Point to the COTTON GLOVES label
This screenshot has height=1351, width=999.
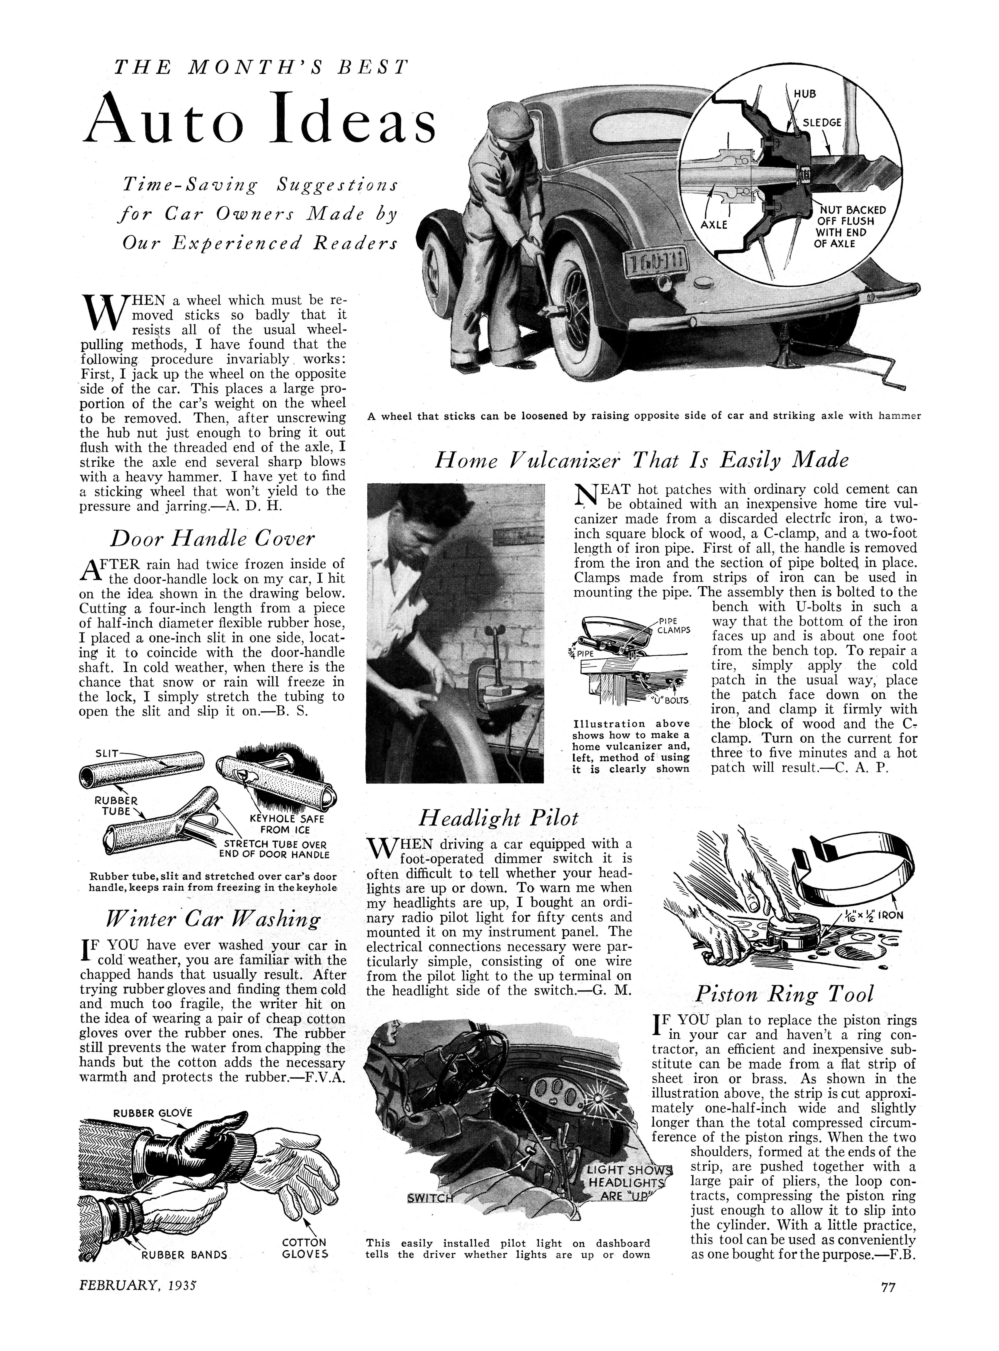[305, 1248]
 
